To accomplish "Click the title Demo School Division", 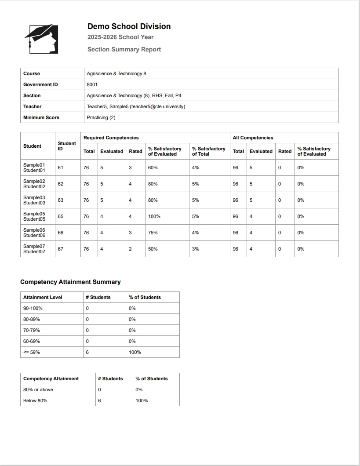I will coord(129,26).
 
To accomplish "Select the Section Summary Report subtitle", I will coord(124,49).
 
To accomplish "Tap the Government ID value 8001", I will coord(92,84).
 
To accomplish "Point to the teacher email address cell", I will coord(136,106).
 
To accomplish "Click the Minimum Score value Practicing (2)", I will coord(101,117).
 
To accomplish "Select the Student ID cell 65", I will coord(61,216).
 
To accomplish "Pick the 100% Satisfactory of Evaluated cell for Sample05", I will coord(154,216).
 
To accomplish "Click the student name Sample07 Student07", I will coord(34,249).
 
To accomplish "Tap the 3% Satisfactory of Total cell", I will coord(196,249).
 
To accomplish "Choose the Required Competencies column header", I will coord(111,138).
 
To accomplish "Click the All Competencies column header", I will coord(253,138).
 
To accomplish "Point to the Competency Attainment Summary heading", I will coord(70,282).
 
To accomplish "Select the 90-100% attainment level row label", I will coord(33,308).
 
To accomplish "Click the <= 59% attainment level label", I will coord(32,352).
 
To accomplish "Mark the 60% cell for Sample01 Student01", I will coord(153,167).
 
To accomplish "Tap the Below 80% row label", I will coord(35,400).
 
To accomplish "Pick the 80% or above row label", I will coord(38,390).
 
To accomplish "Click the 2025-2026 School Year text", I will coord(120,37).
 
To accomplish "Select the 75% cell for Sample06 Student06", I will coord(153,233).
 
